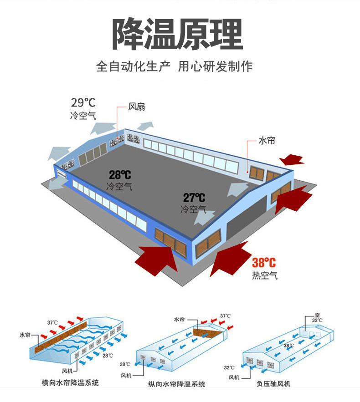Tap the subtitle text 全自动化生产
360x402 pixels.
coord(133,66)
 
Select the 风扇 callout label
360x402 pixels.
coord(136,107)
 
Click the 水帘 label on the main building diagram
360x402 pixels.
coord(267,141)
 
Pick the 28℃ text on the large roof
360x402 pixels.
coord(120,174)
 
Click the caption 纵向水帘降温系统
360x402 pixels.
coord(177,384)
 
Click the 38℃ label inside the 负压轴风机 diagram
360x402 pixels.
coord(289,346)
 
